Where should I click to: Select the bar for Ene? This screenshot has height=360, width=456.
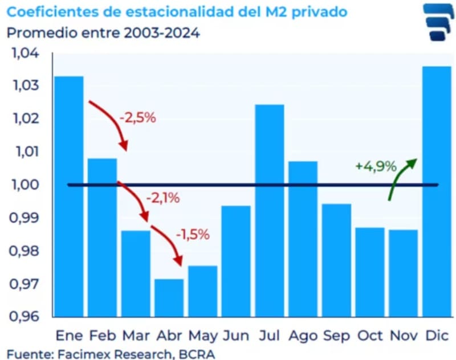tap(69, 196)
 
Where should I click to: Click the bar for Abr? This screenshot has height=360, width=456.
tap(169, 297)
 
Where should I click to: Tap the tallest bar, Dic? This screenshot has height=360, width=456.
tap(438, 191)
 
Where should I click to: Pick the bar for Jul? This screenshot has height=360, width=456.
tap(270, 210)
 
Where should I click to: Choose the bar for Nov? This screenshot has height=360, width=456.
tap(404, 273)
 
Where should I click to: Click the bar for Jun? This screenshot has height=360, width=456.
tap(236, 261)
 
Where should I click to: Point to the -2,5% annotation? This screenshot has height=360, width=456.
tap(137, 119)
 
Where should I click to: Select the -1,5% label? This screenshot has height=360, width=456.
tap(193, 234)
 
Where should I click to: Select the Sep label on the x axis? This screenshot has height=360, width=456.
tap(337, 335)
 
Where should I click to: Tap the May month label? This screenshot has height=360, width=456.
tap(203, 336)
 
